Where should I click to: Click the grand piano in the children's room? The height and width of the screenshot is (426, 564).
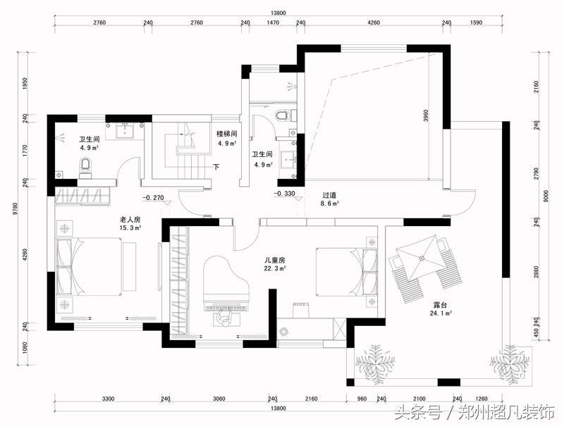tap(226, 284)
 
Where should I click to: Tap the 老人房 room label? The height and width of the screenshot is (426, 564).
tap(130, 220)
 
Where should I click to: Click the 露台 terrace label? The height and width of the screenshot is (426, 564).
tap(440, 305)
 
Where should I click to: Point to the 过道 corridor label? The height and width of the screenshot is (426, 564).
tap(329, 196)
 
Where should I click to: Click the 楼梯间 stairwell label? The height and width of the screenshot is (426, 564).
tap(226, 134)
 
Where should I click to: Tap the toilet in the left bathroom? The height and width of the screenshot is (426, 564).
tap(85, 167)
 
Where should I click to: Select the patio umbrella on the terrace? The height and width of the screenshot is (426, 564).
tap(422, 258)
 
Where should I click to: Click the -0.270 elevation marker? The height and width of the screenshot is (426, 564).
tap(153, 198)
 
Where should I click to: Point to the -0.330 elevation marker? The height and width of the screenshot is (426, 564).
tap(285, 193)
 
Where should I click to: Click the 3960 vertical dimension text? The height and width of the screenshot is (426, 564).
tap(426, 115)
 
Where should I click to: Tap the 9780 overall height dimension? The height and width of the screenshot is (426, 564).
tap(15, 209)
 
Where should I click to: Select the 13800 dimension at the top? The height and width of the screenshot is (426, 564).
tap(278, 13)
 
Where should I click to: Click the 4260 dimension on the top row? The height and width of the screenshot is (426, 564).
tap(374, 23)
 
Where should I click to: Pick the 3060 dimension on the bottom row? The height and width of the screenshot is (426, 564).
tap(219, 399)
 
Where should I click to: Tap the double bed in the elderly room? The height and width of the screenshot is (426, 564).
tap(89, 266)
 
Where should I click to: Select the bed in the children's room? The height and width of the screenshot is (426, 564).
tap(347, 272)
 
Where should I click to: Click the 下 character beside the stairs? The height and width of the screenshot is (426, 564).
tap(216, 167)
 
